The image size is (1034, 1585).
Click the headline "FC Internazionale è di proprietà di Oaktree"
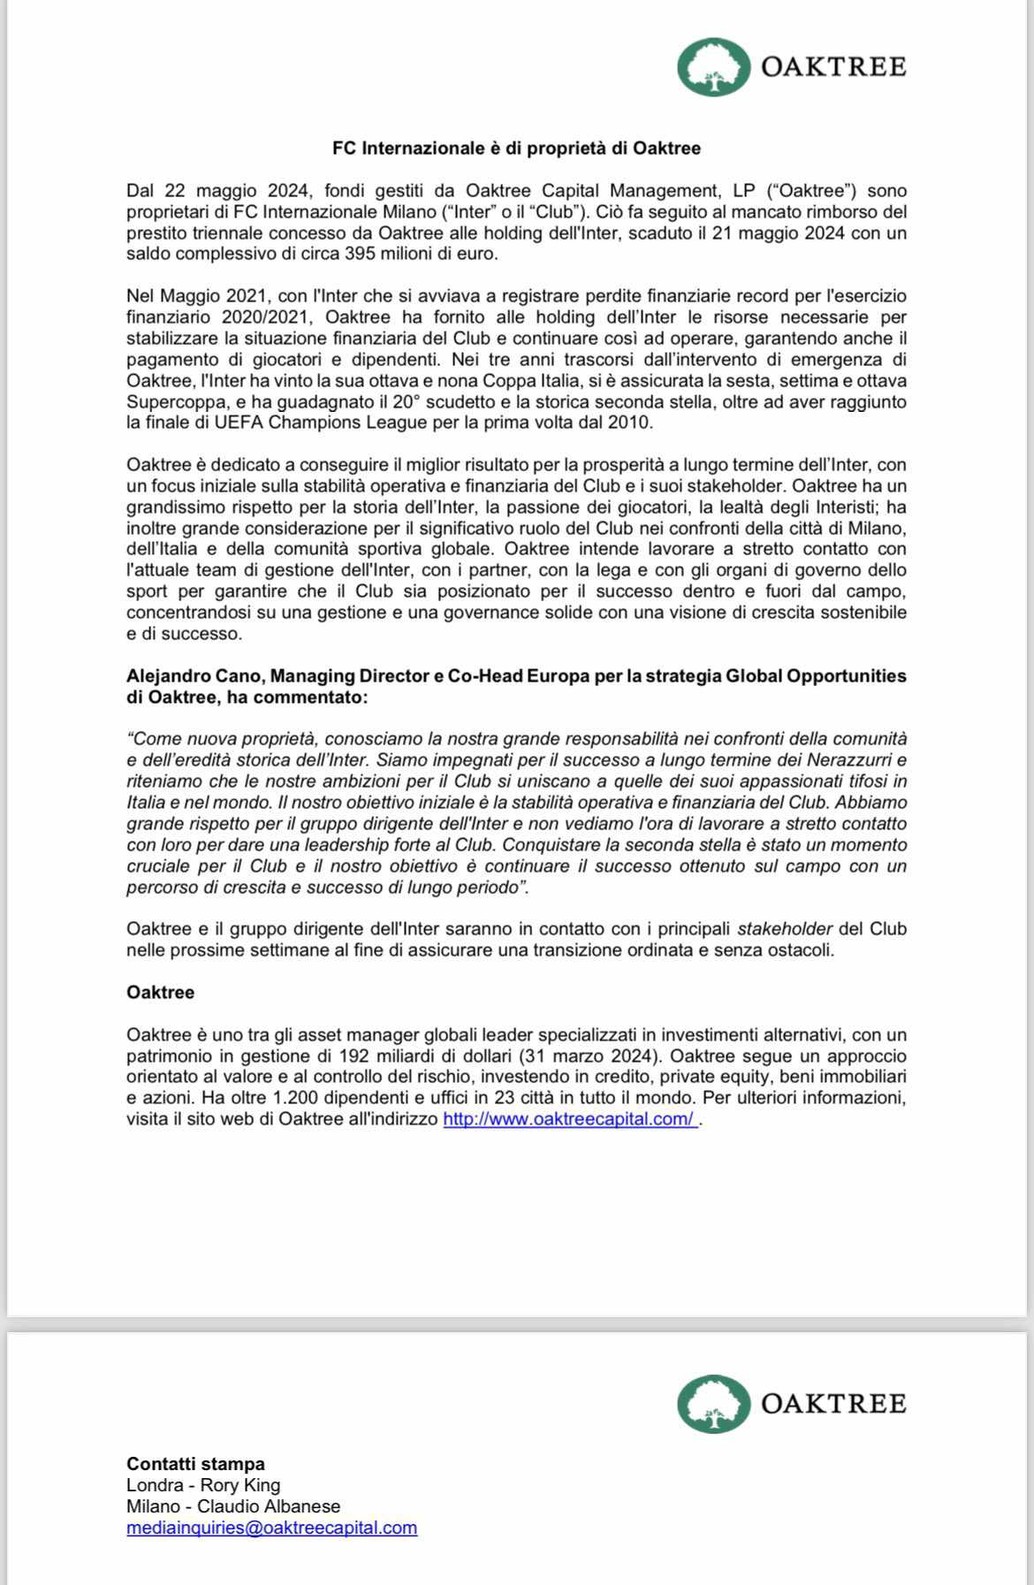[x=516, y=149]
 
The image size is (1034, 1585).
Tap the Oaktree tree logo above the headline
[x=714, y=67]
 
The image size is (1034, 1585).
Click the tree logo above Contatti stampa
[x=714, y=1404]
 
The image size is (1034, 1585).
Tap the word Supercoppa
[x=169, y=402]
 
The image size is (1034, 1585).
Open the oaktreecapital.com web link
[x=569, y=1119]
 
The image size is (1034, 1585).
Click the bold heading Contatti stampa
[x=195, y=1464]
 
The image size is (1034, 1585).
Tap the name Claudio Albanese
[x=269, y=1506]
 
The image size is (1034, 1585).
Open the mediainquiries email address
[x=271, y=1528]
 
